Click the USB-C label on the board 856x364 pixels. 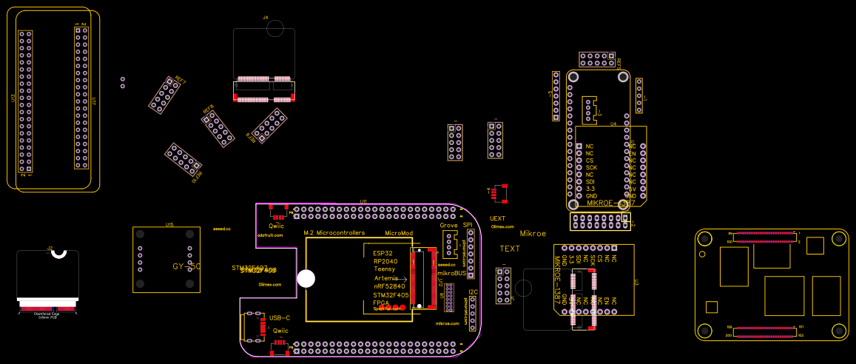pyautogui.click(x=280, y=317)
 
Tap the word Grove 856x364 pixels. pyautogui.click(x=448, y=225)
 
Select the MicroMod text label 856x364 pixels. pyautogui.click(x=399, y=233)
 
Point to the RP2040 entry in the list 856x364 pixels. pyautogui.click(x=385, y=261)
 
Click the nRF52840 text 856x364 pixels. pyautogui.click(x=390, y=286)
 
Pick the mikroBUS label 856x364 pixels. pyautogui.click(x=452, y=273)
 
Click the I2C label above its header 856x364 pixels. pyautogui.click(x=474, y=292)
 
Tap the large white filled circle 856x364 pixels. pyautogui.click(x=306, y=278)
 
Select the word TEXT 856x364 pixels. pyautogui.click(x=510, y=249)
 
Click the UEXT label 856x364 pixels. pyautogui.click(x=498, y=218)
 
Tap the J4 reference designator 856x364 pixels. pyautogui.click(x=266, y=16)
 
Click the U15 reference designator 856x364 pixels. pyautogui.click(x=169, y=223)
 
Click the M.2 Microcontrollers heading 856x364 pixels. pyautogui.click(x=334, y=233)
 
